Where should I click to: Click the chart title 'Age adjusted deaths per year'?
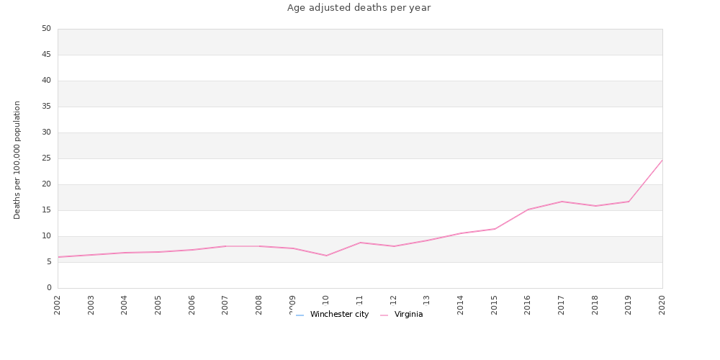(359, 8)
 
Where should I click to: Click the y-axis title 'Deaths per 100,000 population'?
(17, 160)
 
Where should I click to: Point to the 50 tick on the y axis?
(46, 29)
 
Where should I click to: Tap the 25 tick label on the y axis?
(46, 158)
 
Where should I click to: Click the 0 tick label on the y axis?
(48, 288)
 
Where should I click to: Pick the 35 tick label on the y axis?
(46, 107)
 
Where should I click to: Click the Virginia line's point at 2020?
(662, 160)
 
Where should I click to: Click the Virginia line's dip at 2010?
(326, 256)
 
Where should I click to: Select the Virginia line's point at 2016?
(528, 210)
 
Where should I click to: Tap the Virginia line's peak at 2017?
(562, 202)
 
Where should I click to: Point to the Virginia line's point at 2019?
(629, 202)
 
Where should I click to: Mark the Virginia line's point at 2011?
(360, 243)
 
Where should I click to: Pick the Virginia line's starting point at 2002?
(58, 257)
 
